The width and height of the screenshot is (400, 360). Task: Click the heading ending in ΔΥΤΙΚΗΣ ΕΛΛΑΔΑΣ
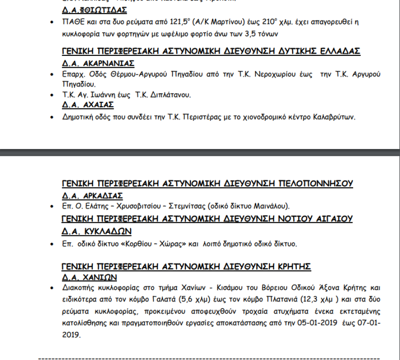point(211,51)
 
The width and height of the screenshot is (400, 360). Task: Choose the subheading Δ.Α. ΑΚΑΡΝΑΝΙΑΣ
point(98,63)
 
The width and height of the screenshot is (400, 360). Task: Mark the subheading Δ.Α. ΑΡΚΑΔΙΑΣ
point(92,196)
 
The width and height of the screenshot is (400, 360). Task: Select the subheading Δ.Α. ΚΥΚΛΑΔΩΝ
point(97,232)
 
